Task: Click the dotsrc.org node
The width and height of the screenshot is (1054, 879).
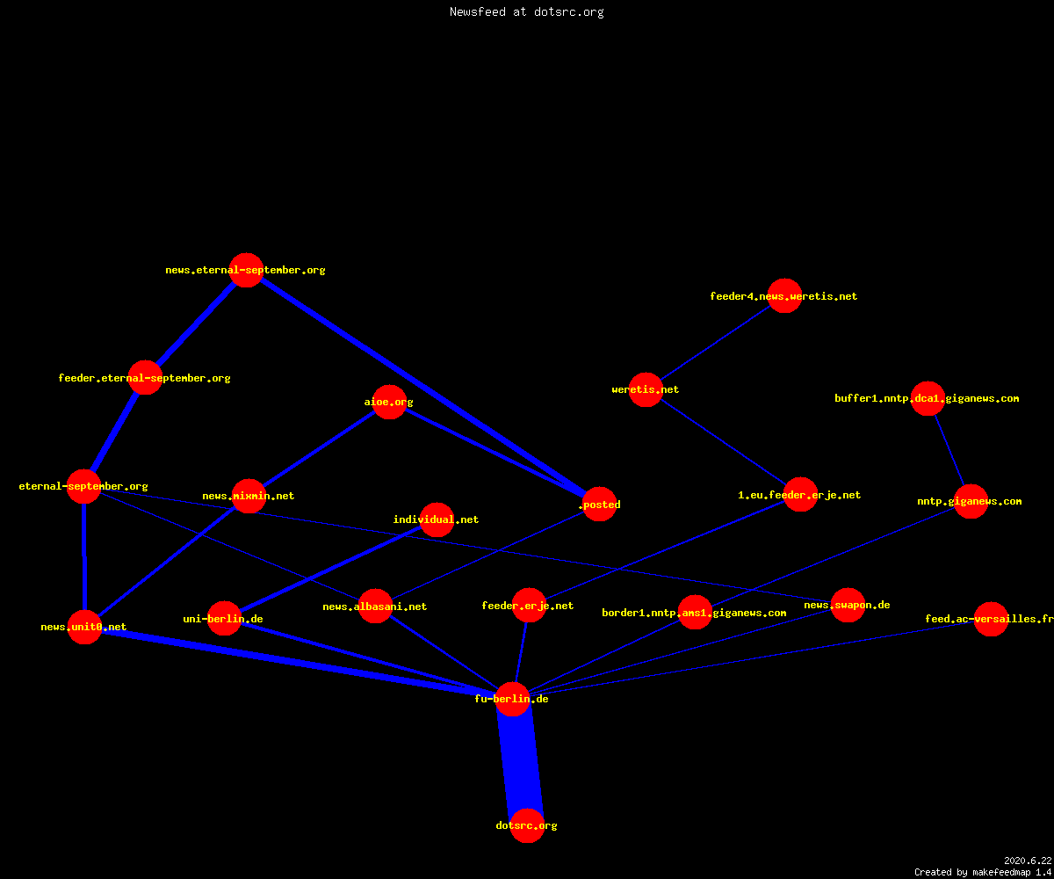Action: (527, 825)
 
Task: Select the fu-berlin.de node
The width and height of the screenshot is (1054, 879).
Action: (512, 699)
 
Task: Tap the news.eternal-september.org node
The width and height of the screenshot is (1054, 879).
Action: (246, 270)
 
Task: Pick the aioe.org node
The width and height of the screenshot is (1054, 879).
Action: (389, 402)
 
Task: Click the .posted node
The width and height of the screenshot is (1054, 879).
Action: (600, 505)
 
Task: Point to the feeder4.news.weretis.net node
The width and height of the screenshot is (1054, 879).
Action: (784, 296)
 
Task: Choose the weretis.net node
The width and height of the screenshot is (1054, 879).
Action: (646, 389)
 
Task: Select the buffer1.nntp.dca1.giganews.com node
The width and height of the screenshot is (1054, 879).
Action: (928, 398)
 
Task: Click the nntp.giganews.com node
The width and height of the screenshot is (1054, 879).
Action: (971, 502)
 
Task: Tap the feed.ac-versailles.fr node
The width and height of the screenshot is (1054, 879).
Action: (991, 619)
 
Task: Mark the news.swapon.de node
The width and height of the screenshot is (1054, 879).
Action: (848, 606)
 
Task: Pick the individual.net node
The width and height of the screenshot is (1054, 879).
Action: (437, 519)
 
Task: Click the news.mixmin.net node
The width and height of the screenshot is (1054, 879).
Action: (249, 496)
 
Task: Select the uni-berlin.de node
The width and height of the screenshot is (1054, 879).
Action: (224, 618)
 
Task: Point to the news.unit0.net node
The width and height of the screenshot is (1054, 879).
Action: (85, 627)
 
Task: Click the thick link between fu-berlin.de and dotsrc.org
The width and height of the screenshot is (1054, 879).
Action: (520, 762)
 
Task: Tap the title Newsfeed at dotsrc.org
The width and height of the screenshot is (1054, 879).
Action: (526, 12)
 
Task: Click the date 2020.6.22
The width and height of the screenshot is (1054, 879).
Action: (1028, 861)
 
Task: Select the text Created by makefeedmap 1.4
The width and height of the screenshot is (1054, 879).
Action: (983, 872)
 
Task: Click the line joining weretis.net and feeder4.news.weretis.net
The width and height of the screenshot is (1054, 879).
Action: (715, 343)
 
